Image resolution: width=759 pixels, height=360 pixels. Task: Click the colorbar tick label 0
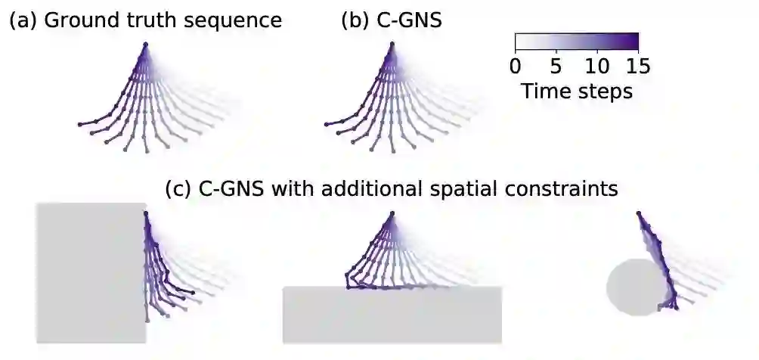coord(516,66)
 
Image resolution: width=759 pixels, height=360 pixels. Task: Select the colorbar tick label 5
coord(556,66)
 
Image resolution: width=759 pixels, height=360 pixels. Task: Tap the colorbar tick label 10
coord(597,66)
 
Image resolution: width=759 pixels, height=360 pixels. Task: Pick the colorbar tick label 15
coord(637,66)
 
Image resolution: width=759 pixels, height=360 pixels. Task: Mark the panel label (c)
coord(178,188)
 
